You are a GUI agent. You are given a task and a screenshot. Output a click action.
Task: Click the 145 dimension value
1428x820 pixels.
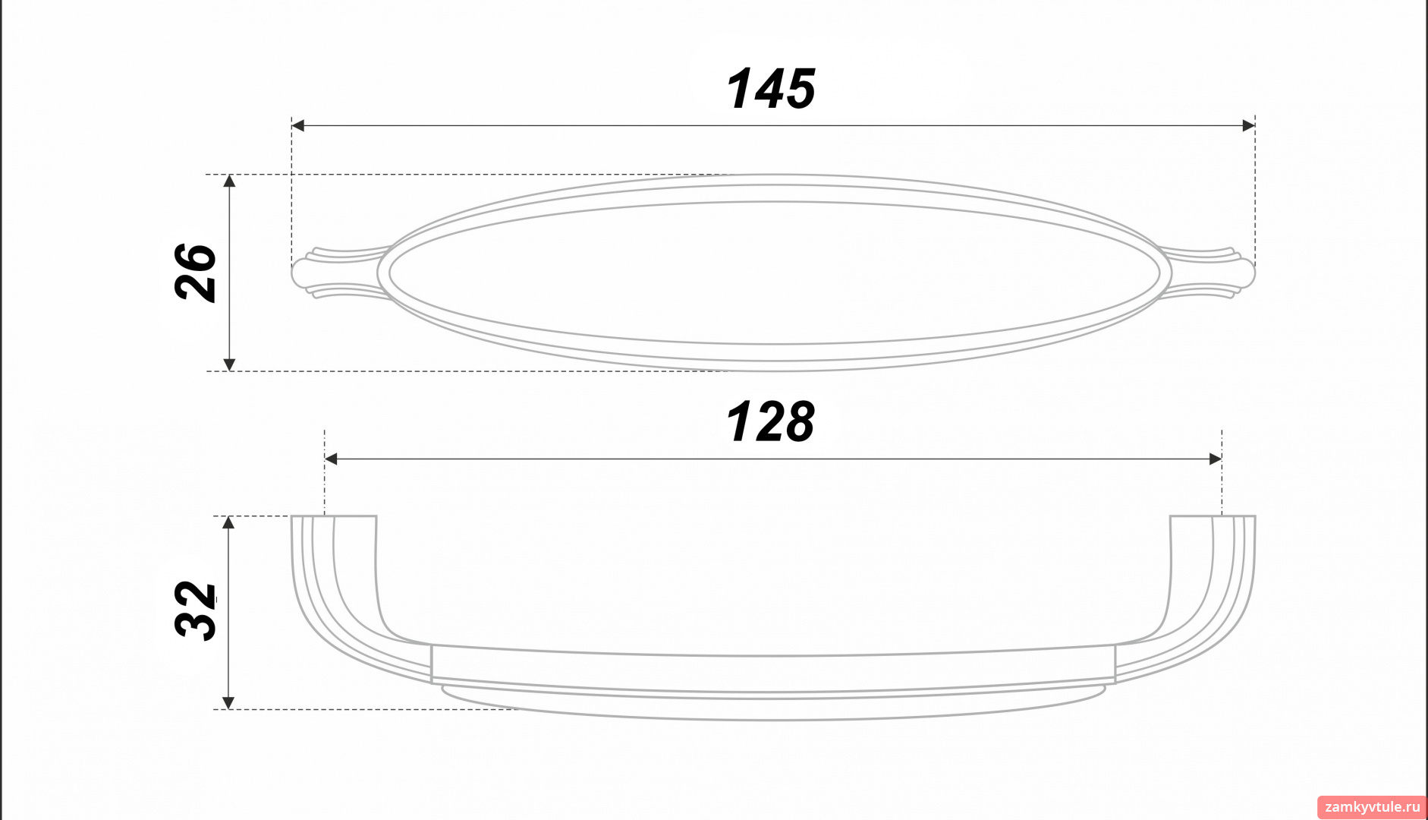tap(770, 89)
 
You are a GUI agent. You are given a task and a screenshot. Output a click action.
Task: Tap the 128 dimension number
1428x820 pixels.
tap(770, 422)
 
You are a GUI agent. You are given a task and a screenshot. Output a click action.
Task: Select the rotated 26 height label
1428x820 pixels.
tap(196, 273)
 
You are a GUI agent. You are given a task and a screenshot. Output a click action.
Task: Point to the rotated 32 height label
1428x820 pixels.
tap(196, 610)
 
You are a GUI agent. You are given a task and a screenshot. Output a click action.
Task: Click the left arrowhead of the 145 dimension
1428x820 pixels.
tap(297, 125)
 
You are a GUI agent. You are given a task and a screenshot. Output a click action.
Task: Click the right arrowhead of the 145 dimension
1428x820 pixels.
tap(1249, 125)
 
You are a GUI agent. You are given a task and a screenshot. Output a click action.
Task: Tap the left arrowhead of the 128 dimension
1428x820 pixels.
tap(331, 459)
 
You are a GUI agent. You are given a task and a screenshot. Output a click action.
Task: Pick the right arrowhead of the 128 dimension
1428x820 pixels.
tap(1216, 459)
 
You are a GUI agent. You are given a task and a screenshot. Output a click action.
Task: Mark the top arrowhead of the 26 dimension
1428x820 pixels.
tap(230, 181)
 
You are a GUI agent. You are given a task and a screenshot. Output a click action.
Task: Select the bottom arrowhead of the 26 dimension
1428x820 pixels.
tap(230, 364)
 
